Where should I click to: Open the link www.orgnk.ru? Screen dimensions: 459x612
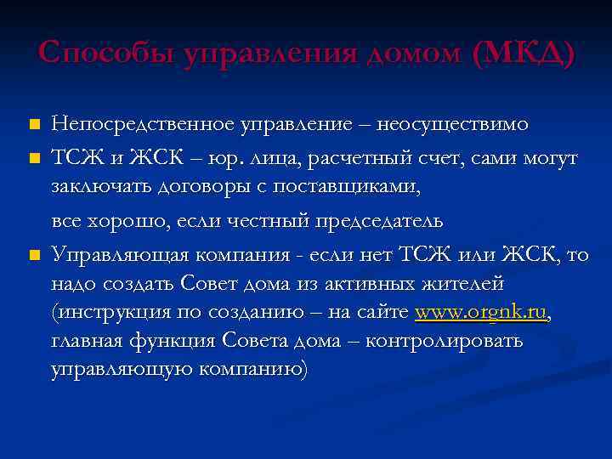[481, 313]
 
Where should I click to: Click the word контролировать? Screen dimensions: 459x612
[450, 341]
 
